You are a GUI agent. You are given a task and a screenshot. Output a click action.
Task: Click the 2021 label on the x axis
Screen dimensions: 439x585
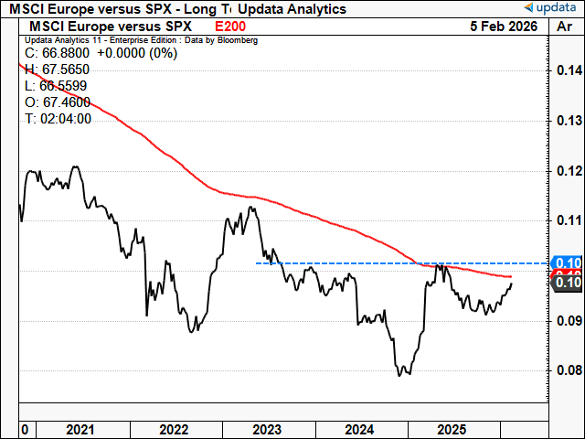click(x=80, y=429)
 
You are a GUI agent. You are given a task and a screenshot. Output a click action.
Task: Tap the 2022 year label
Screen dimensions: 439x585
click(x=173, y=429)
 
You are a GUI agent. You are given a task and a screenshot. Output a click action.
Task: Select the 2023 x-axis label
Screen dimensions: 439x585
click(x=266, y=429)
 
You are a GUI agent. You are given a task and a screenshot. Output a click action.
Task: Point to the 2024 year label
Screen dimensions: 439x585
click(x=359, y=429)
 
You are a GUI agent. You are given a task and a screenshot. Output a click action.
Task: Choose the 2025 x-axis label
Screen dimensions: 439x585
click(x=452, y=429)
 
